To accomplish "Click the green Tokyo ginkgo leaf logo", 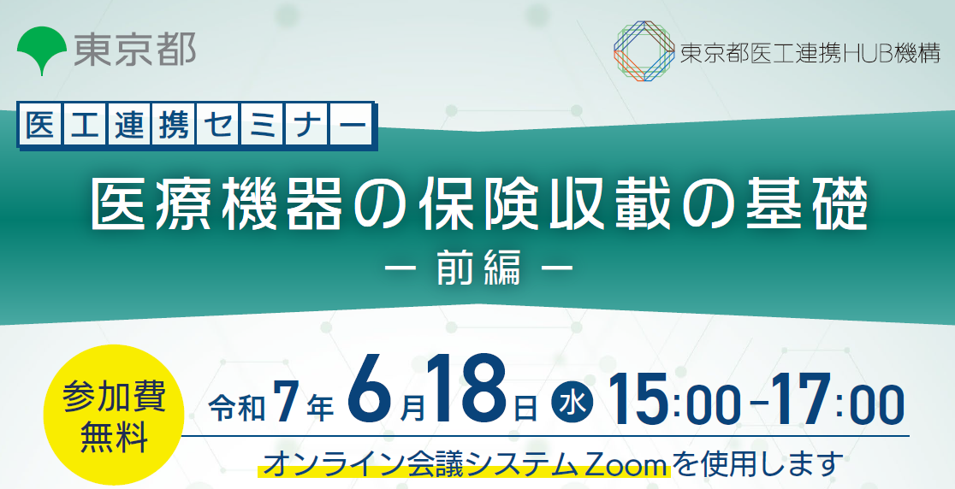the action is (x=42, y=50).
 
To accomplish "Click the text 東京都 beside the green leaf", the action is (x=135, y=49).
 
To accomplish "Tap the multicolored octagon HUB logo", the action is (x=644, y=51).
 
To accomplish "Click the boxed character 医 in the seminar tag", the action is (x=41, y=126).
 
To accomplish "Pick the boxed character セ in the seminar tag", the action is (x=217, y=126).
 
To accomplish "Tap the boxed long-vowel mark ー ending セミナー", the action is (x=351, y=126).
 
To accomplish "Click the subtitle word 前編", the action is (x=478, y=268).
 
